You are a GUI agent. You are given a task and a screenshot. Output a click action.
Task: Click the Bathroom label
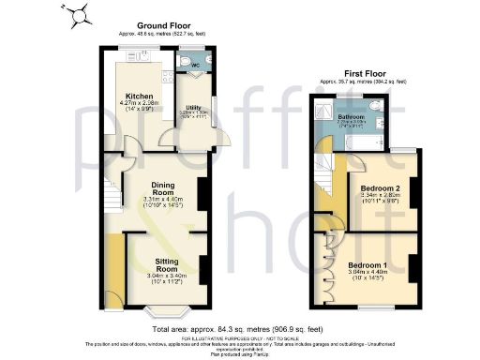[x=352, y=117]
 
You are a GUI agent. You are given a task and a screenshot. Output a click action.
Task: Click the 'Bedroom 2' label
[x=380, y=188]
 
